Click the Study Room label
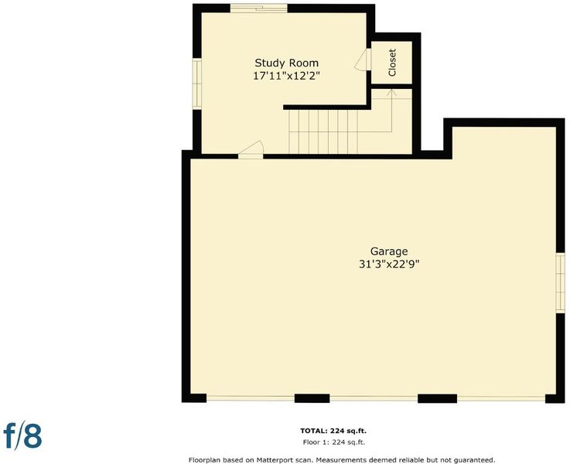coord(286,63)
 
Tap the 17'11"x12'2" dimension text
coord(286,77)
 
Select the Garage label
coord(389,251)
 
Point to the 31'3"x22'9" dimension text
coord(389,264)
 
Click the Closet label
coord(392,63)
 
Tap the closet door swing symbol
coord(363,60)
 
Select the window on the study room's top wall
coord(259,8)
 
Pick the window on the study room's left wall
coord(196,84)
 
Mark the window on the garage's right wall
coord(560,283)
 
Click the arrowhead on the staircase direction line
coord(391,92)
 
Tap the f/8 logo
coord(22,435)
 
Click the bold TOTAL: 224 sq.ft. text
coord(333,431)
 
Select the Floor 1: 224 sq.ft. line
coord(333,442)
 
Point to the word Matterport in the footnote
coord(275,460)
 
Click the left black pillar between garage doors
coord(312,398)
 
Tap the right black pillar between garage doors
coord(437,398)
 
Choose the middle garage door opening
coord(374,398)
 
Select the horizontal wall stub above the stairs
coord(327,107)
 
